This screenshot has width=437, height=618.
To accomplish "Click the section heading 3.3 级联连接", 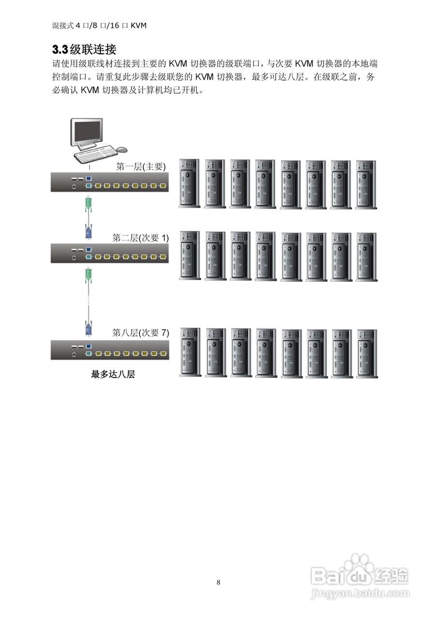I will pyautogui.click(x=84, y=49).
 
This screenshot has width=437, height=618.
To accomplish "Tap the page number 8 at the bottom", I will pyautogui.click(x=219, y=582).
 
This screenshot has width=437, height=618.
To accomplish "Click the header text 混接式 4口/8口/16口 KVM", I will pyautogui.click(x=99, y=25).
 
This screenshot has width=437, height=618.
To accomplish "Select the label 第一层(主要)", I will pyautogui.click(x=141, y=167).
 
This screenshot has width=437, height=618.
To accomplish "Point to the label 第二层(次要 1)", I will pyautogui.click(x=141, y=238).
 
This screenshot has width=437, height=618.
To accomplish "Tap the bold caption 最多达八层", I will pyautogui.click(x=113, y=374).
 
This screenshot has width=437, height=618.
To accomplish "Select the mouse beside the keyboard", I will pyautogui.click(x=122, y=149).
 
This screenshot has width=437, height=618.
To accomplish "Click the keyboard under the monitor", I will pyautogui.click(x=97, y=154).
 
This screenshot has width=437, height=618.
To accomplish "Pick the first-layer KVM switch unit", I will pyautogui.click(x=110, y=182).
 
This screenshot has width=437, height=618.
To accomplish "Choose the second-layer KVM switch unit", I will pyautogui.click(x=110, y=253).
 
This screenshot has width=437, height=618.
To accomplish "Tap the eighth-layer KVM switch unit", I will pyautogui.click(x=110, y=350).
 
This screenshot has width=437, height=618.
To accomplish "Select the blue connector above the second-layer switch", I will pyautogui.click(x=88, y=231).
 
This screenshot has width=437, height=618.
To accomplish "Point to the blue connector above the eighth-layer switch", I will pyautogui.click(x=88, y=327).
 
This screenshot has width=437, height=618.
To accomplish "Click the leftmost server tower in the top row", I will pyautogui.click(x=190, y=184).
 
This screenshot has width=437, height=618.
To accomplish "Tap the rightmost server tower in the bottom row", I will pyautogui.click(x=367, y=352).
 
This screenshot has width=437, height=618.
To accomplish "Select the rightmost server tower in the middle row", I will pyautogui.click(x=367, y=256).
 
